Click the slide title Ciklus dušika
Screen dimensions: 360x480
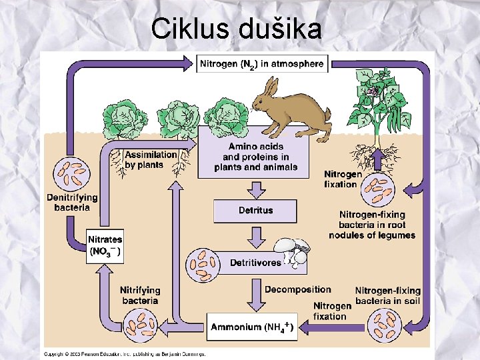coord(237,29)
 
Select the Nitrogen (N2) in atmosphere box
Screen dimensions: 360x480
coord(261,65)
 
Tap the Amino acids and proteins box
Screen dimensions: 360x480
coord(255,157)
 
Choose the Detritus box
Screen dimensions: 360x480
coord(255,211)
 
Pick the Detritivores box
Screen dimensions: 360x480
coord(255,263)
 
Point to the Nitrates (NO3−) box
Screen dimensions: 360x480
coord(105,246)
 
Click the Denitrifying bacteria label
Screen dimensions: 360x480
coord(72,202)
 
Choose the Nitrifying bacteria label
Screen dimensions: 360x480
coord(140,295)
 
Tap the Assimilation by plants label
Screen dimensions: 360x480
coord(151,159)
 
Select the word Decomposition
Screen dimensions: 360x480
coord(297,289)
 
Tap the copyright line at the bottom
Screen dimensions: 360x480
coord(125,353)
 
